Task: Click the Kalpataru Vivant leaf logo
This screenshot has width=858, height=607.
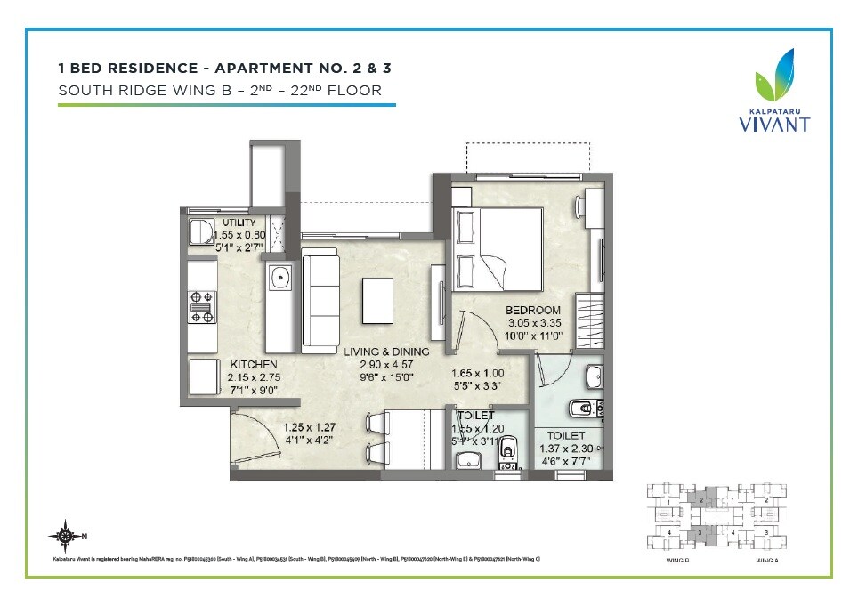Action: pyautogui.click(x=776, y=77)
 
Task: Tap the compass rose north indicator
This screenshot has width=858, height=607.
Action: pyautogui.click(x=65, y=536)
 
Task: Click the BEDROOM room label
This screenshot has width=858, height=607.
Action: pyautogui.click(x=534, y=310)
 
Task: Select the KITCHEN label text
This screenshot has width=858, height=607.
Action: pyautogui.click(x=254, y=365)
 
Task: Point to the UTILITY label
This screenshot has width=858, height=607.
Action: pyautogui.click(x=239, y=223)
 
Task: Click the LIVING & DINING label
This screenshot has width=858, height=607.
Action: pyautogui.click(x=386, y=352)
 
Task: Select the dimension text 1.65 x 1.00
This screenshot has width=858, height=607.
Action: pyautogui.click(x=478, y=374)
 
